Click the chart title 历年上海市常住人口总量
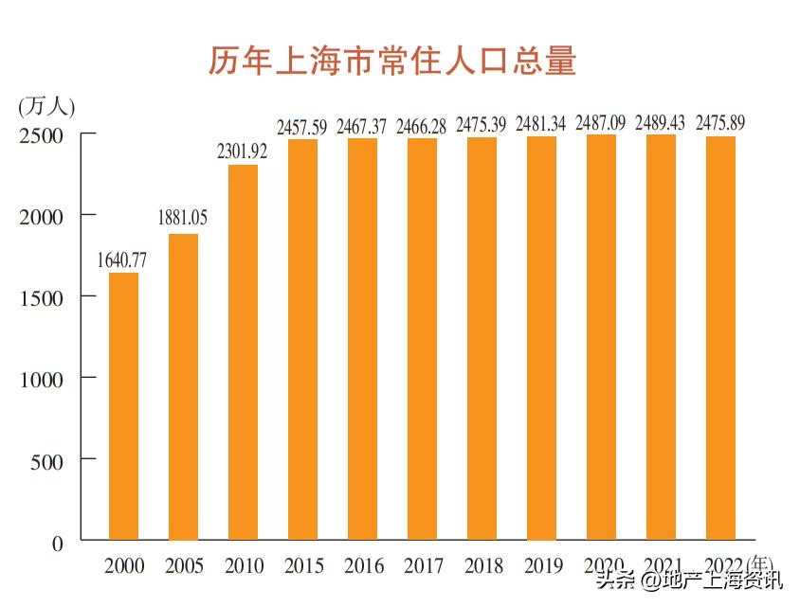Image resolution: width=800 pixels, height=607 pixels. point(392,62)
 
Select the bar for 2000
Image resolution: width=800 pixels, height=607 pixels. point(123,406)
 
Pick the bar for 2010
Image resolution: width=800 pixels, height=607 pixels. point(243,352)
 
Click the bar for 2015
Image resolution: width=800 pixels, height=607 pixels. point(302,339)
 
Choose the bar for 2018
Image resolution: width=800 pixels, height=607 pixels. point(482,338)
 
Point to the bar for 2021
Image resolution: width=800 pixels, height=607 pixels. point(661,337)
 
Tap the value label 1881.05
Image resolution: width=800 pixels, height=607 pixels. point(182,219)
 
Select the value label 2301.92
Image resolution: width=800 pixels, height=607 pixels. point(244,151)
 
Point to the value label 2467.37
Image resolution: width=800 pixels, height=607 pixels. point(363,125)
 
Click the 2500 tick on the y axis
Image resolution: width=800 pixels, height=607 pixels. point(42,134)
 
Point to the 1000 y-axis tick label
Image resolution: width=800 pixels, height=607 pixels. point(42,379)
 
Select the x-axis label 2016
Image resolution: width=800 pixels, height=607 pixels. point(363,566)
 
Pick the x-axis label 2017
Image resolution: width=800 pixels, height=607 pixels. point(423,566)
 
